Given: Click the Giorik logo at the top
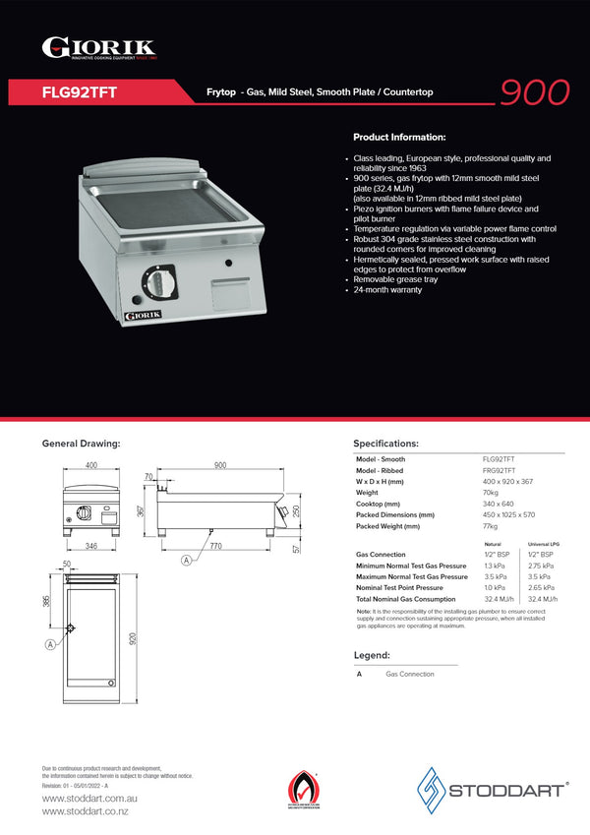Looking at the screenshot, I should click(98, 48).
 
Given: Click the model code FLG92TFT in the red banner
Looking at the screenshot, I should click(80, 92).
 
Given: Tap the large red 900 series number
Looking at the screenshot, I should click(534, 91).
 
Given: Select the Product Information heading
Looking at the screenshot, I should click(399, 137).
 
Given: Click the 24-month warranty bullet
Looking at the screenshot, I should click(387, 290).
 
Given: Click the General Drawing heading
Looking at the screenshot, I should click(81, 444).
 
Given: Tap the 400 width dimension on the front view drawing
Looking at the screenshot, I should click(90, 465).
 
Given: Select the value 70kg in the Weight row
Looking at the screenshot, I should click(491, 493).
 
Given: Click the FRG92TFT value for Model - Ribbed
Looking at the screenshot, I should click(499, 471).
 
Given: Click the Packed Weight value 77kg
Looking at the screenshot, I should click(491, 526).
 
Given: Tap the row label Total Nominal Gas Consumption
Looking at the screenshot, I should click(405, 599).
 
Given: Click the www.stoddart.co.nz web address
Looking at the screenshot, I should click(85, 810).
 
